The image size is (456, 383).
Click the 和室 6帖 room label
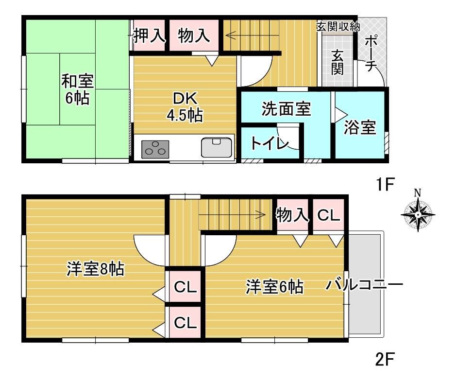point(77,89)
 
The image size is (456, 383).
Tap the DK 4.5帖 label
point(185,107)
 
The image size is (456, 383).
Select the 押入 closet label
point(149,36)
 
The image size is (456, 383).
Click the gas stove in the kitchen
point(155,149)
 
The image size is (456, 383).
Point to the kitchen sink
point(217,147)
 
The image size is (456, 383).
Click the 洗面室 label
point(286,108)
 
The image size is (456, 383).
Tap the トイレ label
point(270,143)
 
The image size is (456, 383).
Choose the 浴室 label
point(360,127)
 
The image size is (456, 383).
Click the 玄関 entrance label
point(338,62)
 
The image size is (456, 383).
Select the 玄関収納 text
point(338,27)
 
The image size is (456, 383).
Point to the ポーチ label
point(372,53)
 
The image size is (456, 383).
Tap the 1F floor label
point(385,184)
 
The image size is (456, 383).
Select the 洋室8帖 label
point(95,269)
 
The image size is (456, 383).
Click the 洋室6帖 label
point(274,286)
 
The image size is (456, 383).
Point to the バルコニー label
point(364,284)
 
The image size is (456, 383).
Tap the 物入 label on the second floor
point(292,215)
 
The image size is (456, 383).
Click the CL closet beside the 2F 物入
point(329,215)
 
